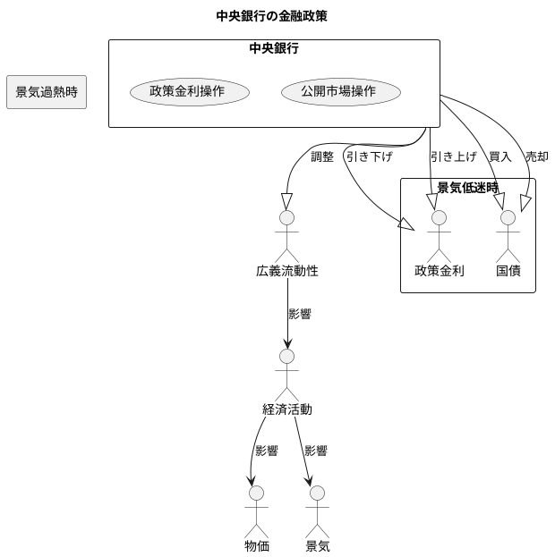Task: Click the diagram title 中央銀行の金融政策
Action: [x=277, y=16]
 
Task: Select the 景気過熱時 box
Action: [x=47, y=92]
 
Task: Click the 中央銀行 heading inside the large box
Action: [x=274, y=49]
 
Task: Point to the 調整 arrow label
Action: [x=321, y=156]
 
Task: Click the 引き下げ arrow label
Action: [x=370, y=156]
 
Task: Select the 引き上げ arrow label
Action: [x=454, y=156]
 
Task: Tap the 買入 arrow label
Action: [x=499, y=156]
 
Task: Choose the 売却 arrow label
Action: [x=536, y=156]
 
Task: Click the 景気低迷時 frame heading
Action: [x=467, y=188]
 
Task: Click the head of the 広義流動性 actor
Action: [x=286, y=217]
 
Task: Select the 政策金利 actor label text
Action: [x=439, y=271]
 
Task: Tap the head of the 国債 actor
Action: [x=508, y=217]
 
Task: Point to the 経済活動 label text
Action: [x=286, y=409]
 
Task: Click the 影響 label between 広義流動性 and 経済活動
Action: [x=300, y=314]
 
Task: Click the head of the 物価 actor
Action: [x=257, y=493]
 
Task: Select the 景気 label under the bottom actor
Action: [x=317, y=546]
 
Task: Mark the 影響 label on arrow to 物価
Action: [x=267, y=452]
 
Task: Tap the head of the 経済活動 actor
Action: [x=286, y=356]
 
